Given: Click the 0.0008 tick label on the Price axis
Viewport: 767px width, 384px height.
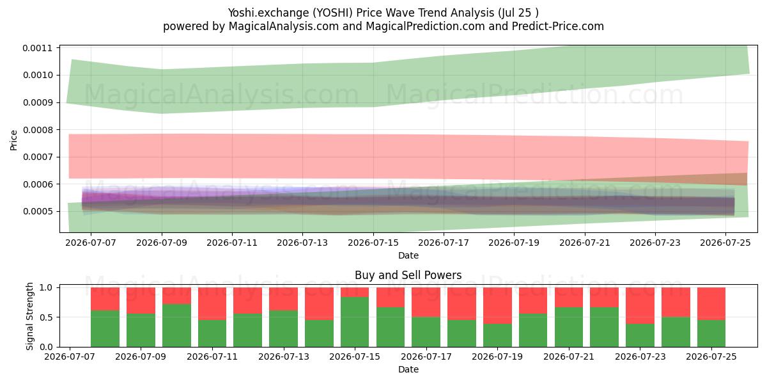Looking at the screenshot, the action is pos(38,130).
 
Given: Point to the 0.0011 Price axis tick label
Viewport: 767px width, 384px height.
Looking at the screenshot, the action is pos(38,48).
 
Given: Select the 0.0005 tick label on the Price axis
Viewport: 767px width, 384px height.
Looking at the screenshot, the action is pos(38,211).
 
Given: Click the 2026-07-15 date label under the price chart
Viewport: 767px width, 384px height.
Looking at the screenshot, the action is pos(373,243).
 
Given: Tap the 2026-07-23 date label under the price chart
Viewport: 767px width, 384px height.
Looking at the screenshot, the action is pos(655,243).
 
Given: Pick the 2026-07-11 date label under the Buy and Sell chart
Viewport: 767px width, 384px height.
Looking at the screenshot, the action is pos(212,356).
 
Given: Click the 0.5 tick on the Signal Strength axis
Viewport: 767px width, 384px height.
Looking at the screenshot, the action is pos(46,317).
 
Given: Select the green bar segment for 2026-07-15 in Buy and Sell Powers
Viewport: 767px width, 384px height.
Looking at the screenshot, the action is pos(355,322).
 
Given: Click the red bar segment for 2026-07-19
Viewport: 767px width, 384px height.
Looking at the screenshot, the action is pos(497,305).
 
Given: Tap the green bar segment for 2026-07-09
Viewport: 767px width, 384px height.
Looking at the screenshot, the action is pos(141,330).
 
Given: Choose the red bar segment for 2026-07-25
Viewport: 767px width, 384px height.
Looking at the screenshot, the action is pos(711,304).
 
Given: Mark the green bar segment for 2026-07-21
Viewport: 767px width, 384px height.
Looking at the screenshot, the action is pos(569,327).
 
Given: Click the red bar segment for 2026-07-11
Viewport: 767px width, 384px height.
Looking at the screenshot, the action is pos(212,304).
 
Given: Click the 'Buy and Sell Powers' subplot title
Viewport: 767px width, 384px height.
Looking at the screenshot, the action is pos(408,275).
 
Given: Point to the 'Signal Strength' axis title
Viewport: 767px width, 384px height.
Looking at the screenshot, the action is pos(30,316).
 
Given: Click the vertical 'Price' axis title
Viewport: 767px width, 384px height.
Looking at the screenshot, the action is pos(13,140).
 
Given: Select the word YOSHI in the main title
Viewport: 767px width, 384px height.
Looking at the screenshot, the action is pos(332,13).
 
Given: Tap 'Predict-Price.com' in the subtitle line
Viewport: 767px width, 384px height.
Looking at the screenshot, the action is pos(558,26).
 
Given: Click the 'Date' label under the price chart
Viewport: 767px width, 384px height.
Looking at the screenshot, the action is pos(408,255).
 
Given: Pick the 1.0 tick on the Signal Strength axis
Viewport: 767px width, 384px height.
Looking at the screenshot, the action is pos(46,287).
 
